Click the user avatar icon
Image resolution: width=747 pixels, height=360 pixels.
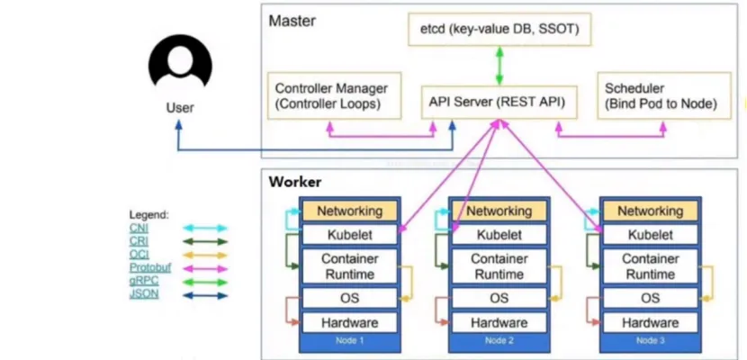pyautogui.click(x=180, y=66)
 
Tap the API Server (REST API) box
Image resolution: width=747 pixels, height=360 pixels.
pyautogui.click(x=497, y=102)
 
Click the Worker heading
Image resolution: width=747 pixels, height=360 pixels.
pyautogui.click(x=295, y=182)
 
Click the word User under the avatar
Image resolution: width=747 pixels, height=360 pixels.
pyautogui.click(x=180, y=107)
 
